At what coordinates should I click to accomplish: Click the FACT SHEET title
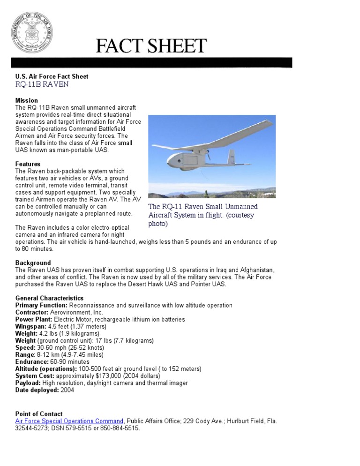pos(151,46)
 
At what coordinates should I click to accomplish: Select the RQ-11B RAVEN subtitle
pos(42,84)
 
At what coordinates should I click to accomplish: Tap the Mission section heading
pos(27,100)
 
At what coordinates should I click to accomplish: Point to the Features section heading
pos(28,164)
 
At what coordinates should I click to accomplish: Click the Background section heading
pos(33,263)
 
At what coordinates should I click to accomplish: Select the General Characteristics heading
pos(49,298)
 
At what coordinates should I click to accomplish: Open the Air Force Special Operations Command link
pos(69,421)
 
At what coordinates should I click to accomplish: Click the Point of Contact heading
pos(39,414)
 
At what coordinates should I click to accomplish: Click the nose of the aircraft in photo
pos(170,164)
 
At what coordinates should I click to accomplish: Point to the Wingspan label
pos(31,326)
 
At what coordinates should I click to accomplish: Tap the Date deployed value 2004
pos(67,390)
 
